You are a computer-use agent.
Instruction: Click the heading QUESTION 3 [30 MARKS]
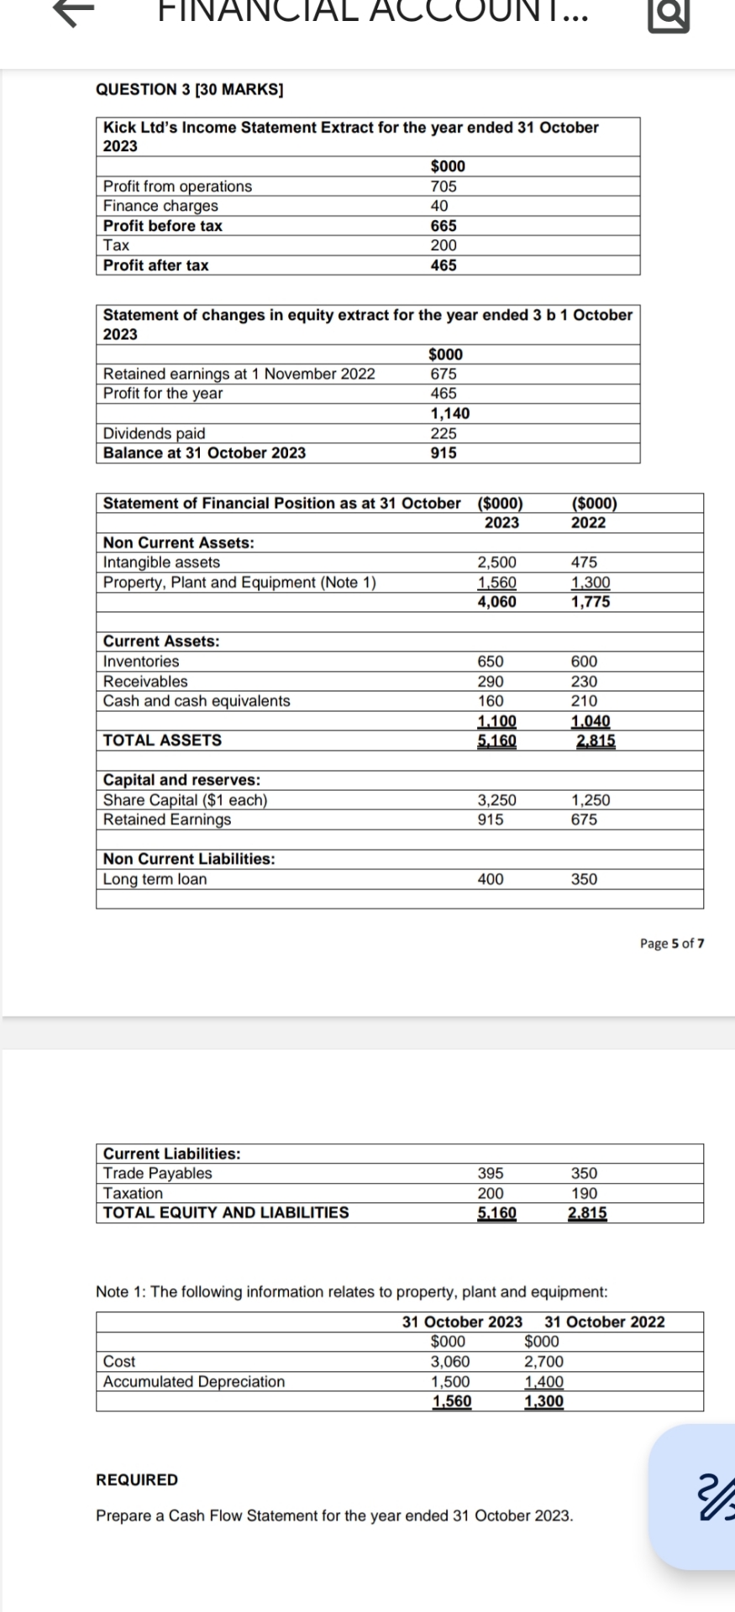190,90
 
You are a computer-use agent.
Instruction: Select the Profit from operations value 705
444,186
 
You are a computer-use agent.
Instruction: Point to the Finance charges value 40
439,206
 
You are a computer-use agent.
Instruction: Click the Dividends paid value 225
444,433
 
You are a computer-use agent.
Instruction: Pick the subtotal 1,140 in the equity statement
450,413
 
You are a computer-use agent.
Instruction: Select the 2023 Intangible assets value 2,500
497,563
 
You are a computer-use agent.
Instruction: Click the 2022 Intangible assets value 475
585,563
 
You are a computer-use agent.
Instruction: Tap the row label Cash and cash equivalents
197,701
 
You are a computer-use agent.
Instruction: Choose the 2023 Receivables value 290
491,682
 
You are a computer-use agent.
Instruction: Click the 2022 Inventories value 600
585,662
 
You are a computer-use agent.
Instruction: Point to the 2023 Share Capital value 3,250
497,800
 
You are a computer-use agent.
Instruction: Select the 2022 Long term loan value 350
585,879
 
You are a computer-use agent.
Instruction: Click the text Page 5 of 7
672,943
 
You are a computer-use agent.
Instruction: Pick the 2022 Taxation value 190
585,1193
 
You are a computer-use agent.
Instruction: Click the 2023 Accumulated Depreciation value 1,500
450,1381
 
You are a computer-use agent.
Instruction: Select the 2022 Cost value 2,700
544,1362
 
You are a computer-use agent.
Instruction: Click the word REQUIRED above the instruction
137,1480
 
